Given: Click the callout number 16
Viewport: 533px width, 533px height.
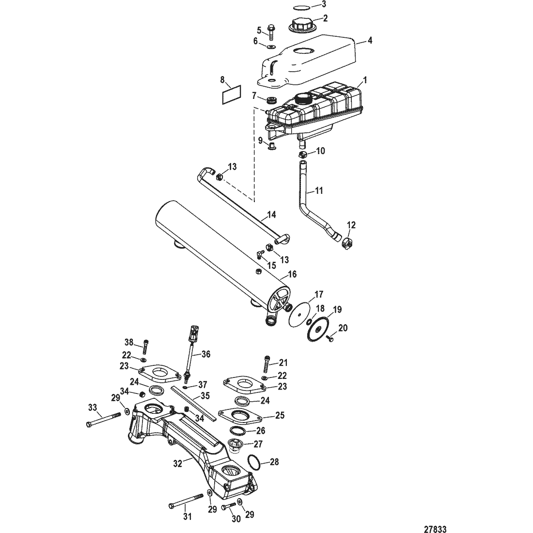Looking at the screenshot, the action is click(292, 274).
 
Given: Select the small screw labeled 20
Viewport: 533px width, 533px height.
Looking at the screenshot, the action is click(329, 338).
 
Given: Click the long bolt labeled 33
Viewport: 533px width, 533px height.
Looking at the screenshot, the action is click(104, 419).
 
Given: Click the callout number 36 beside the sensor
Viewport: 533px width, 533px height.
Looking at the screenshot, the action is click(205, 354).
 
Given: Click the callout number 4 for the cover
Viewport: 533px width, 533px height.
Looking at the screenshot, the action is click(370, 40).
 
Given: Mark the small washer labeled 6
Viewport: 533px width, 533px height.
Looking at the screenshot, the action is click(271, 46).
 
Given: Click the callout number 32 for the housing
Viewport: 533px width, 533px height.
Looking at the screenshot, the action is click(178, 463).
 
